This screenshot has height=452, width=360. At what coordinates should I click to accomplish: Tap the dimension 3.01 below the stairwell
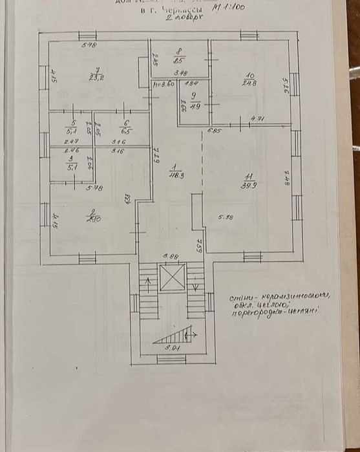coord(171,348)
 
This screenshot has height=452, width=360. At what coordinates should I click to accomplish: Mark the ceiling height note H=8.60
coord(164,83)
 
